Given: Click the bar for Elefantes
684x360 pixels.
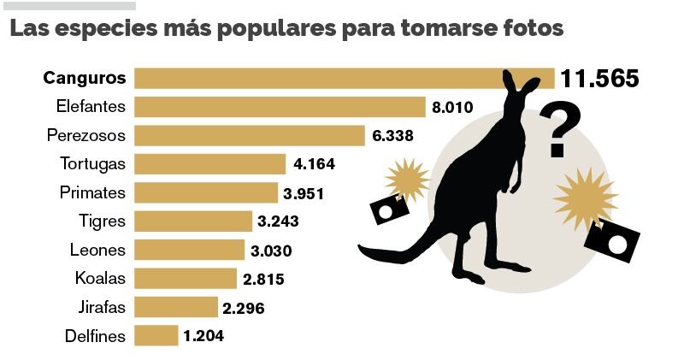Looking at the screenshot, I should pyautogui.click(x=280, y=107).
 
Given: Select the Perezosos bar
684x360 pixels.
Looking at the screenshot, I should pyautogui.click(x=250, y=135).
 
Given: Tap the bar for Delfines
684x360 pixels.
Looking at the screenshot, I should pyautogui.click(x=156, y=336).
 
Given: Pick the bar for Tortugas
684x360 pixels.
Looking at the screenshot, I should pyautogui.click(x=210, y=164).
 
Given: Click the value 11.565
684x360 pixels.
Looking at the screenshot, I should pyautogui.click(x=599, y=79).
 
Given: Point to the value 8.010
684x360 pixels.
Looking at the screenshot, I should pyautogui.click(x=452, y=107).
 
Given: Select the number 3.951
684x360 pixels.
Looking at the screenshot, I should pyautogui.click(x=304, y=193).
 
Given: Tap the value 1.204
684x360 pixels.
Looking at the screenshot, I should pyautogui.click(x=203, y=336).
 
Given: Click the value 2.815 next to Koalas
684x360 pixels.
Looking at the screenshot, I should pyautogui.click(x=262, y=279).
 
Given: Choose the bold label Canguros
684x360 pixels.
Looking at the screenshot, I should pyautogui.click(x=85, y=79).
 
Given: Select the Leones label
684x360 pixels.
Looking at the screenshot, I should pyautogui.click(x=97, y=251).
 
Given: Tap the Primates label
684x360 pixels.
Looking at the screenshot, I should pyautogui.click(x=93, y=193).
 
